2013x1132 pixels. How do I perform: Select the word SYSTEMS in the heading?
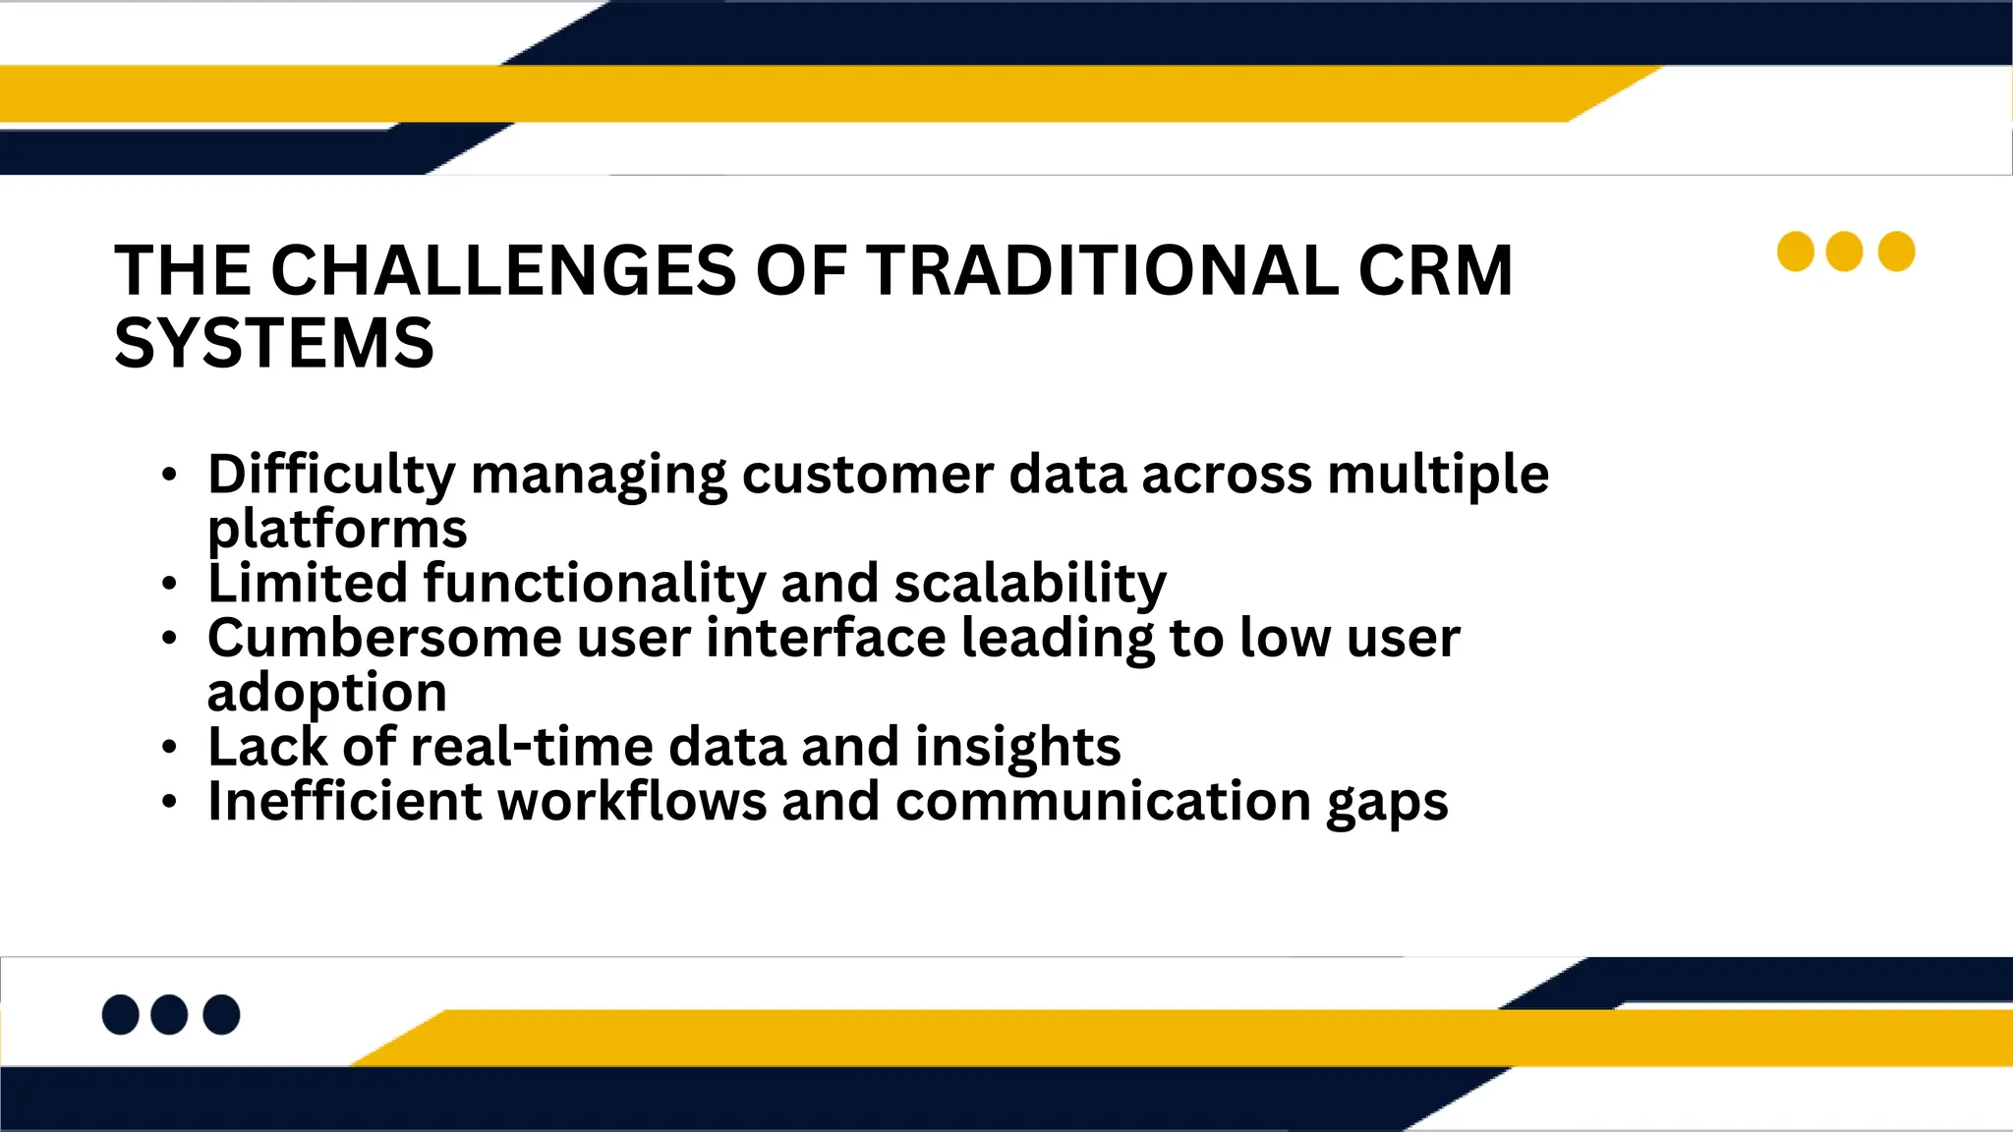[274, 343]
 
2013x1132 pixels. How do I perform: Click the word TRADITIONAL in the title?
[1102, 270]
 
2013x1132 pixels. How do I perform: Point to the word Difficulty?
[331, 475]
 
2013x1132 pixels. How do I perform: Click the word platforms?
[337, 529]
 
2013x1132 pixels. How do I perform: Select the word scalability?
[1030, 583]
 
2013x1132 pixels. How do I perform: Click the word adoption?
[327, 692]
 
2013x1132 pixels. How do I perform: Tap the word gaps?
[1387, 802]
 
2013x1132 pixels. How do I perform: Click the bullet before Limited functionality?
[170, 585]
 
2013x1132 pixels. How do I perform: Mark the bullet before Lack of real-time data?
[170, 748]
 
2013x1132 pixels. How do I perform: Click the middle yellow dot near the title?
[1844, 252]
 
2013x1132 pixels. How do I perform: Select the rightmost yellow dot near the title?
[1896, 252]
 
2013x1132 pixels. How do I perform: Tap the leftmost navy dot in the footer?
[120, 1014]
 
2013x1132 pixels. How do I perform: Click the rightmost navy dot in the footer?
[221, 1014]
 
